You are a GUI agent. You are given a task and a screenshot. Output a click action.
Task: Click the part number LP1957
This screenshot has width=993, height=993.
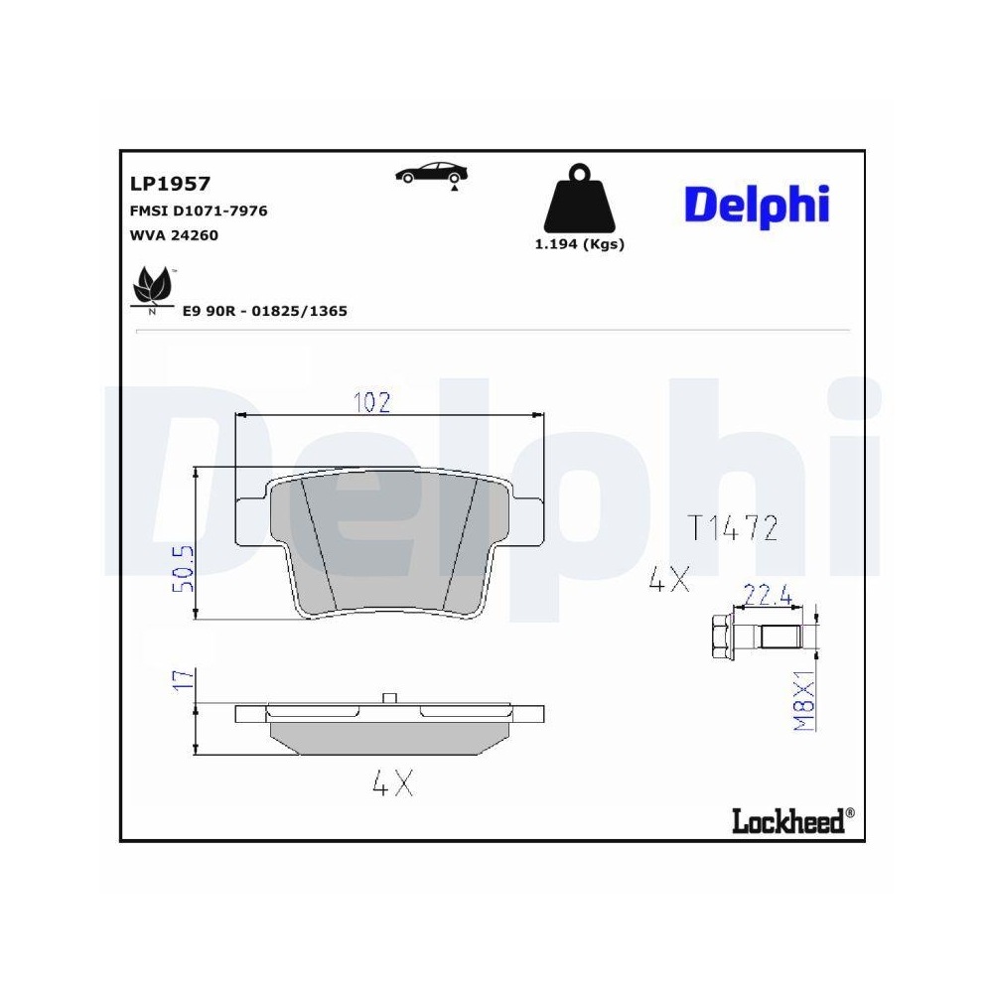[170, 184]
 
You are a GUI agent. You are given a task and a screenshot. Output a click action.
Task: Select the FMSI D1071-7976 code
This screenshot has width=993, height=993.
[199, 211]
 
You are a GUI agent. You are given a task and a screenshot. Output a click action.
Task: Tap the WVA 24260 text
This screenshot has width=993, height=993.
[174, 235]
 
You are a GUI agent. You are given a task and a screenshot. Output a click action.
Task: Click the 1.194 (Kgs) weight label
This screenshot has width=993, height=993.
[579, 244]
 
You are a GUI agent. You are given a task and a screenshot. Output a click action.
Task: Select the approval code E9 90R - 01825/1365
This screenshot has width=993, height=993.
[264, 311]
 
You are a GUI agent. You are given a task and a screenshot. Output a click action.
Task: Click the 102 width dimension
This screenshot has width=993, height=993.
[372, 402]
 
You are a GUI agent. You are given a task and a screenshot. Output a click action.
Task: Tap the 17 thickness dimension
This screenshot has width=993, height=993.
[183, 680]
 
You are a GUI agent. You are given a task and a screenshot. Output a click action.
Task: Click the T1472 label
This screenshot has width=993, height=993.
[733, 527]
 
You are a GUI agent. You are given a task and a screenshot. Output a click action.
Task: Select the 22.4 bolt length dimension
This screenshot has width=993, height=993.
[768, 596]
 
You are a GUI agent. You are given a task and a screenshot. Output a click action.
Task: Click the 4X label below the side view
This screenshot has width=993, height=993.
[391, 784]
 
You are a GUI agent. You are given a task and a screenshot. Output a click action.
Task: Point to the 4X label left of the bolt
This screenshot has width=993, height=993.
[668, 581]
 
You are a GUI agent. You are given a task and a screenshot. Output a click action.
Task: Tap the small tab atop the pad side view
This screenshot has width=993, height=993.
[390, 697]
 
